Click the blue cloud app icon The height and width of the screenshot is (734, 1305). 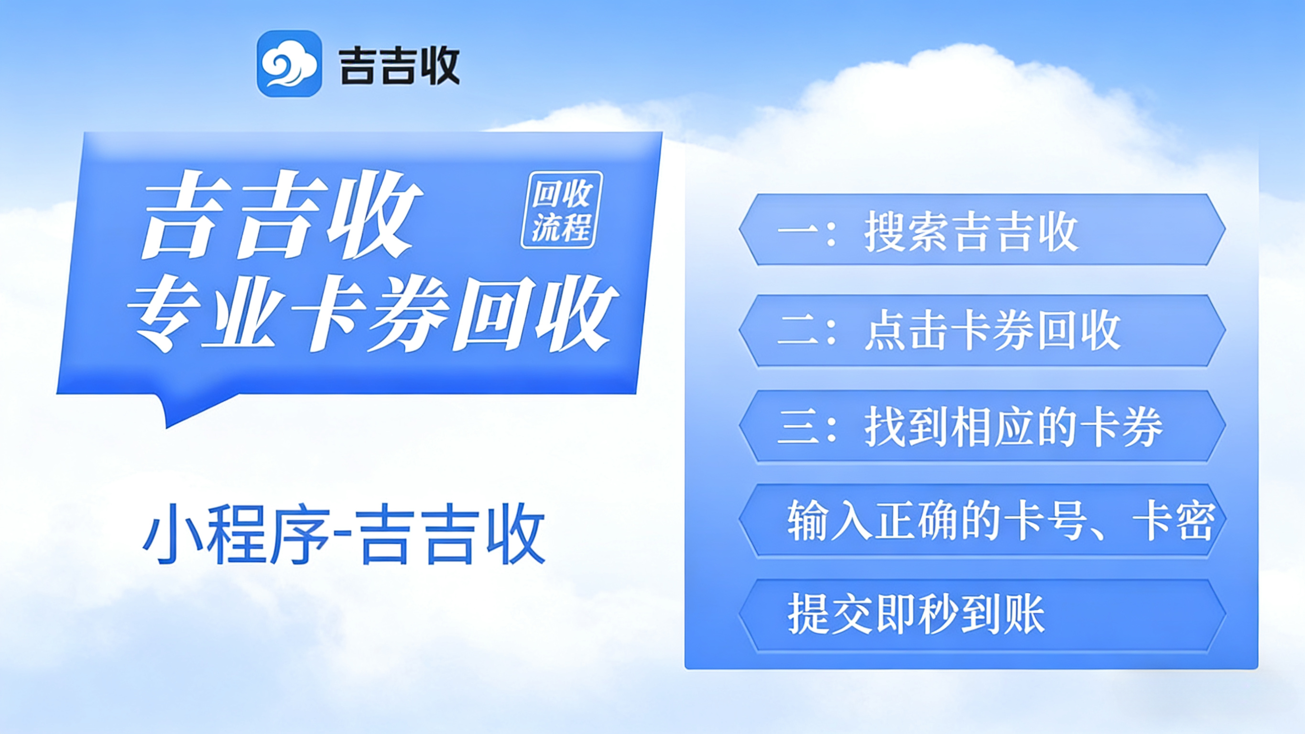(x=289, y=64)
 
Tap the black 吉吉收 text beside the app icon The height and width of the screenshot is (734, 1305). (x=399, y=66)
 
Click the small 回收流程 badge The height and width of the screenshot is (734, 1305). (x=562, y=210)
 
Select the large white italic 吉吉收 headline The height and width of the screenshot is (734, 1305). (x=281, y=215)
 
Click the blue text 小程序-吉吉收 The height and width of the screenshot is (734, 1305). (x=344, y=534)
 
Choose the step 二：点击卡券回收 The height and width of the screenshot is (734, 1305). (x=949, y=331)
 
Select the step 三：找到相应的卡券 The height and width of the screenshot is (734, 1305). (x=969, y=427)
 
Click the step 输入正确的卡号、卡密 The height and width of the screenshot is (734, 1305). (x=1001, y=521)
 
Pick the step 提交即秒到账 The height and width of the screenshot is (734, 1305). (x=916, y=614)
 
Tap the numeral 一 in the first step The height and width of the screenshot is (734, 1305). (x=797, y=231)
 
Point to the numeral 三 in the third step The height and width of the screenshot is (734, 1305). (x=797, y=427)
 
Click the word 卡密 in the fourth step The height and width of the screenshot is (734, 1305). (x=1173, y=521)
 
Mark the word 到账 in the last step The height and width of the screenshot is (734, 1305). (x=1003, y=614)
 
